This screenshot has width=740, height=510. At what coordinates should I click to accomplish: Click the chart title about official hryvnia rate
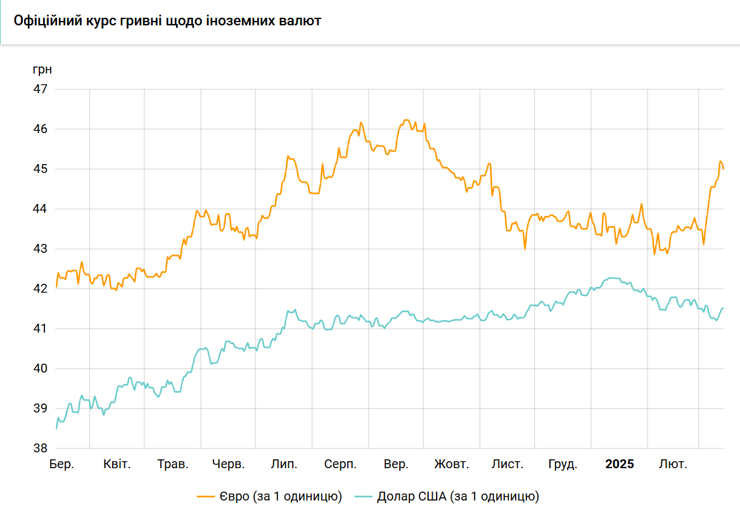point(167,21)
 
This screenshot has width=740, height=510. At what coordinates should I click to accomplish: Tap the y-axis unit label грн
point(42,69)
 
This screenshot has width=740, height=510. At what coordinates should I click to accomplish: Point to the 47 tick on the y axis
point(41,89)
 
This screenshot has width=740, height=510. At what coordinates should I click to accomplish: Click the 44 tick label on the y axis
point(41,208)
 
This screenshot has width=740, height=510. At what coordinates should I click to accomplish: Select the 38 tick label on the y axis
point(41,448)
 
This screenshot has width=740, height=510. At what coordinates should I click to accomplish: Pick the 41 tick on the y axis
point(41,328)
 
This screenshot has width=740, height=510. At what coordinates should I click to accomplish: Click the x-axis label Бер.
point(62,464)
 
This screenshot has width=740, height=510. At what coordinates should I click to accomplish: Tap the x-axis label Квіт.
point(117,464)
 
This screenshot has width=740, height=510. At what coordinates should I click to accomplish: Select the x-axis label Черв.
point(228,464)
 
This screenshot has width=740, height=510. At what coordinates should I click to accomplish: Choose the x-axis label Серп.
point(340,464)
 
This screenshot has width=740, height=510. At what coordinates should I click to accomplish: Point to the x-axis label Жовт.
point(451,464)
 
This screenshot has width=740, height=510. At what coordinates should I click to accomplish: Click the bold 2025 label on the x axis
point(619,464)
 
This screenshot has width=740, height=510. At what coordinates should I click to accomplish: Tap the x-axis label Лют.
point(673,464)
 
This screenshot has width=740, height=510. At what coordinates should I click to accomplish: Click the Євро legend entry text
point(281,497)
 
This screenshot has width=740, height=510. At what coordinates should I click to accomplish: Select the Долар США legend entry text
point(458,497)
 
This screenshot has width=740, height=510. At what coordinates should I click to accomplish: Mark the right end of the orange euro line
point(724,169)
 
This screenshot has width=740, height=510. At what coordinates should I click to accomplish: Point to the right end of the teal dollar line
point(724,308)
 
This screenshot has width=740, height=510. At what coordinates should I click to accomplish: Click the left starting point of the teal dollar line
point(56,429)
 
